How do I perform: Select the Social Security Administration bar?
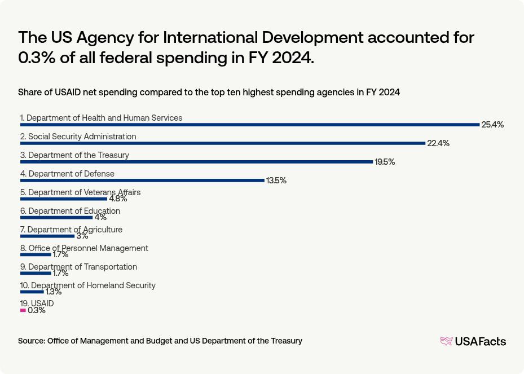point(222,143)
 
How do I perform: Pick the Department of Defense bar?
point(142,181)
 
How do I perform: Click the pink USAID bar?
point(23,310)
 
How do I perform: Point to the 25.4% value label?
point(492,125)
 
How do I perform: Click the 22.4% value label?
point(438,143)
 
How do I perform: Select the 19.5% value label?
point(385,162)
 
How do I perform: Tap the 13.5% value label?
point(276,181)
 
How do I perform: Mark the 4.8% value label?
point(118,199)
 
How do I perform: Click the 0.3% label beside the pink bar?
point(36,310)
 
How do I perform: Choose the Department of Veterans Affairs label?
point(80,192)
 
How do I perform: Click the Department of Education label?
point(70,211)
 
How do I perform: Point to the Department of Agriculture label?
point(71,230)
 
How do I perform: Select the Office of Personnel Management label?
point(84,248)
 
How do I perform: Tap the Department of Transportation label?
point(78,267)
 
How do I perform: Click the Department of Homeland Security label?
point(87,285)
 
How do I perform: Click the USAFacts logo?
point(473,341)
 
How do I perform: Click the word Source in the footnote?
point(31,341)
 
